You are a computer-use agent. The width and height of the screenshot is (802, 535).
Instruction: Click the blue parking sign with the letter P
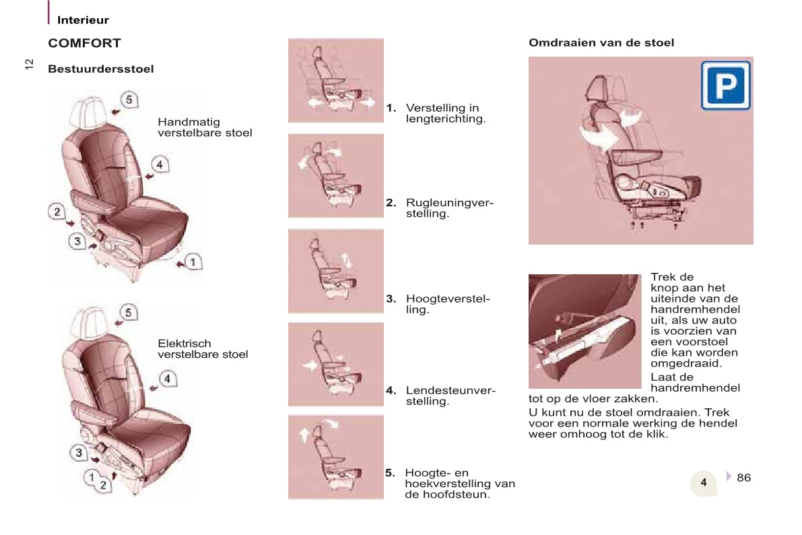(726, 86)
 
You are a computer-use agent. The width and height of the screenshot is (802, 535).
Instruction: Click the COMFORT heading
(84, 43)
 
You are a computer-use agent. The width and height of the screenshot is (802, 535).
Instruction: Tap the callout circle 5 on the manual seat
(129, 99)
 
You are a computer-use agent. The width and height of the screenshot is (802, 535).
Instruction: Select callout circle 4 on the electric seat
(167, 379)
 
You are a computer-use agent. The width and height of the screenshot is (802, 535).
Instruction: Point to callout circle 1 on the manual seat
(193, 261)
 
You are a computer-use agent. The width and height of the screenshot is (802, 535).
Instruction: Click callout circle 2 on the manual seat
(57, 212)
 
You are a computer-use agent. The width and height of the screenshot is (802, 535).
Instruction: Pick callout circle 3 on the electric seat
(79, 452)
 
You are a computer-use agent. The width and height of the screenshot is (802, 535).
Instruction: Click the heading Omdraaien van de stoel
(601, 42)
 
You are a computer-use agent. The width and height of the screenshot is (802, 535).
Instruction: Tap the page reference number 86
(743, 478)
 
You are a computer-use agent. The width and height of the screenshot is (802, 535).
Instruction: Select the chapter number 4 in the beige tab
(704, 482)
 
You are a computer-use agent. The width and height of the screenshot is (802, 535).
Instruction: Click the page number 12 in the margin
(29, 64)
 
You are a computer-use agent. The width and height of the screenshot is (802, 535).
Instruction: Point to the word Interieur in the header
(83, 20)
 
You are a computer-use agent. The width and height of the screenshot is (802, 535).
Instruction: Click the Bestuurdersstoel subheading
(101, 69)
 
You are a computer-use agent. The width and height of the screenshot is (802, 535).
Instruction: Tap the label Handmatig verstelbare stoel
(205, 127)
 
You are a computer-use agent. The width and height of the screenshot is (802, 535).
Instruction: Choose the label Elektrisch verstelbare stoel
(203, 348)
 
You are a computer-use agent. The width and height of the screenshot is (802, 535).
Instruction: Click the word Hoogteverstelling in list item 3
(448, 304)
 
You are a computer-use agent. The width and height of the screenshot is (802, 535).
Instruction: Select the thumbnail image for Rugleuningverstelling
(335, 176)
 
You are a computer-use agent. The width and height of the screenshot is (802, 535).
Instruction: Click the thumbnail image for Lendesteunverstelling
(335, 364)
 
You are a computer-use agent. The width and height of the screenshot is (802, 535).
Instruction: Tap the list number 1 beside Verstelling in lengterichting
(391, 108)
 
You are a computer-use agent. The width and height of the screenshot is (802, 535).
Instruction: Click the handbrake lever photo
(584, 332)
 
